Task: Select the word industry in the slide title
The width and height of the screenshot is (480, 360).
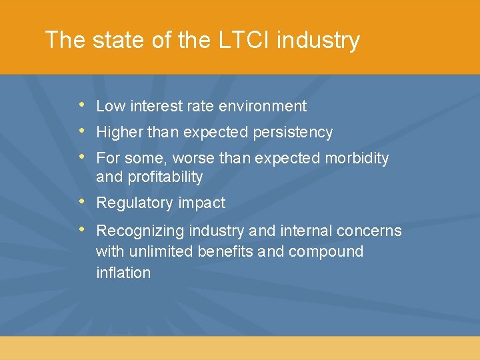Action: (x=318, y=40)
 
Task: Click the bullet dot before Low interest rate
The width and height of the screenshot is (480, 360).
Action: (x=81, y=105)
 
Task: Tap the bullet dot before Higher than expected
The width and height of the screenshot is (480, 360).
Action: (x=81, y=131)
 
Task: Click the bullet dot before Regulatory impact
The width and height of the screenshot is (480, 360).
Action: (x=81, y=201)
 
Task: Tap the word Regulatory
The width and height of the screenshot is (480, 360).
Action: (x=134, y=203)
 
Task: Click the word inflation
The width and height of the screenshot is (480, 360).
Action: (x=123, y=273)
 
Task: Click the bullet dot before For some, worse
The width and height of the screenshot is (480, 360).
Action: (x=81, y=157)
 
